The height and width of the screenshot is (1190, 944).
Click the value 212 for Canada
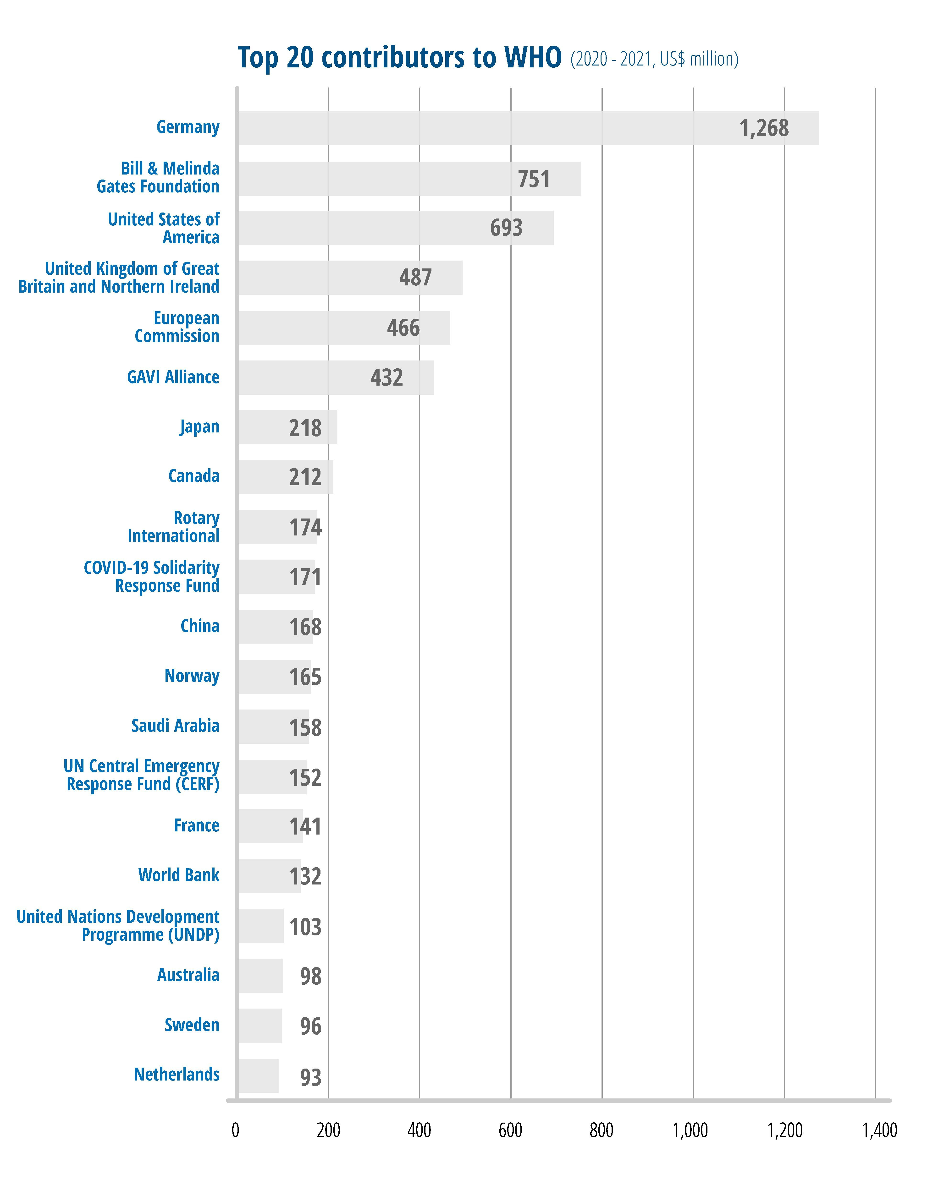point(305,477)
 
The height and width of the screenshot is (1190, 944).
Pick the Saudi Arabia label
point(175,726)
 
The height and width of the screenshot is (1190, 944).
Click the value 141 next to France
point(305,826)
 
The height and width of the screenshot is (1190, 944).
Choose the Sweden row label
point(192,1025)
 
